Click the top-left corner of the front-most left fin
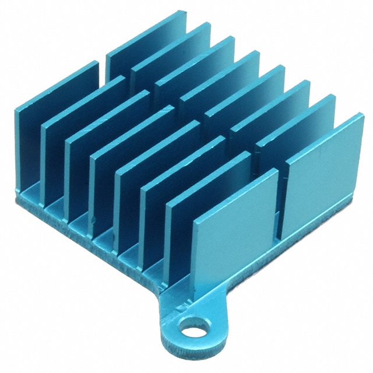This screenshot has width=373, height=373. (x=195, y=221)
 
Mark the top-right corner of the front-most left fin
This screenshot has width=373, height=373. (x=277, y=170)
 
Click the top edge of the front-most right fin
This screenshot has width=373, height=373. (x=324, y=135)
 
